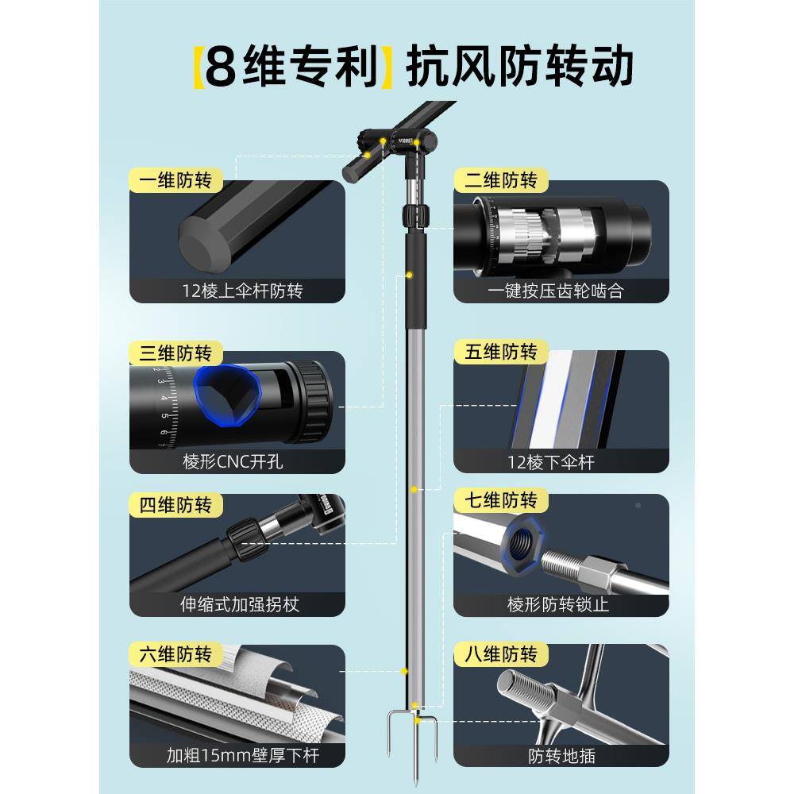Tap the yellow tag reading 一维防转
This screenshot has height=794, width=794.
tap(174, 180)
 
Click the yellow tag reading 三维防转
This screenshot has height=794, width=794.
tap(174, 353)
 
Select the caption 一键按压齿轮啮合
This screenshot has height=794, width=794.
tap(561, 291)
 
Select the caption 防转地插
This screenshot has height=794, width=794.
tap(561, 755)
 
